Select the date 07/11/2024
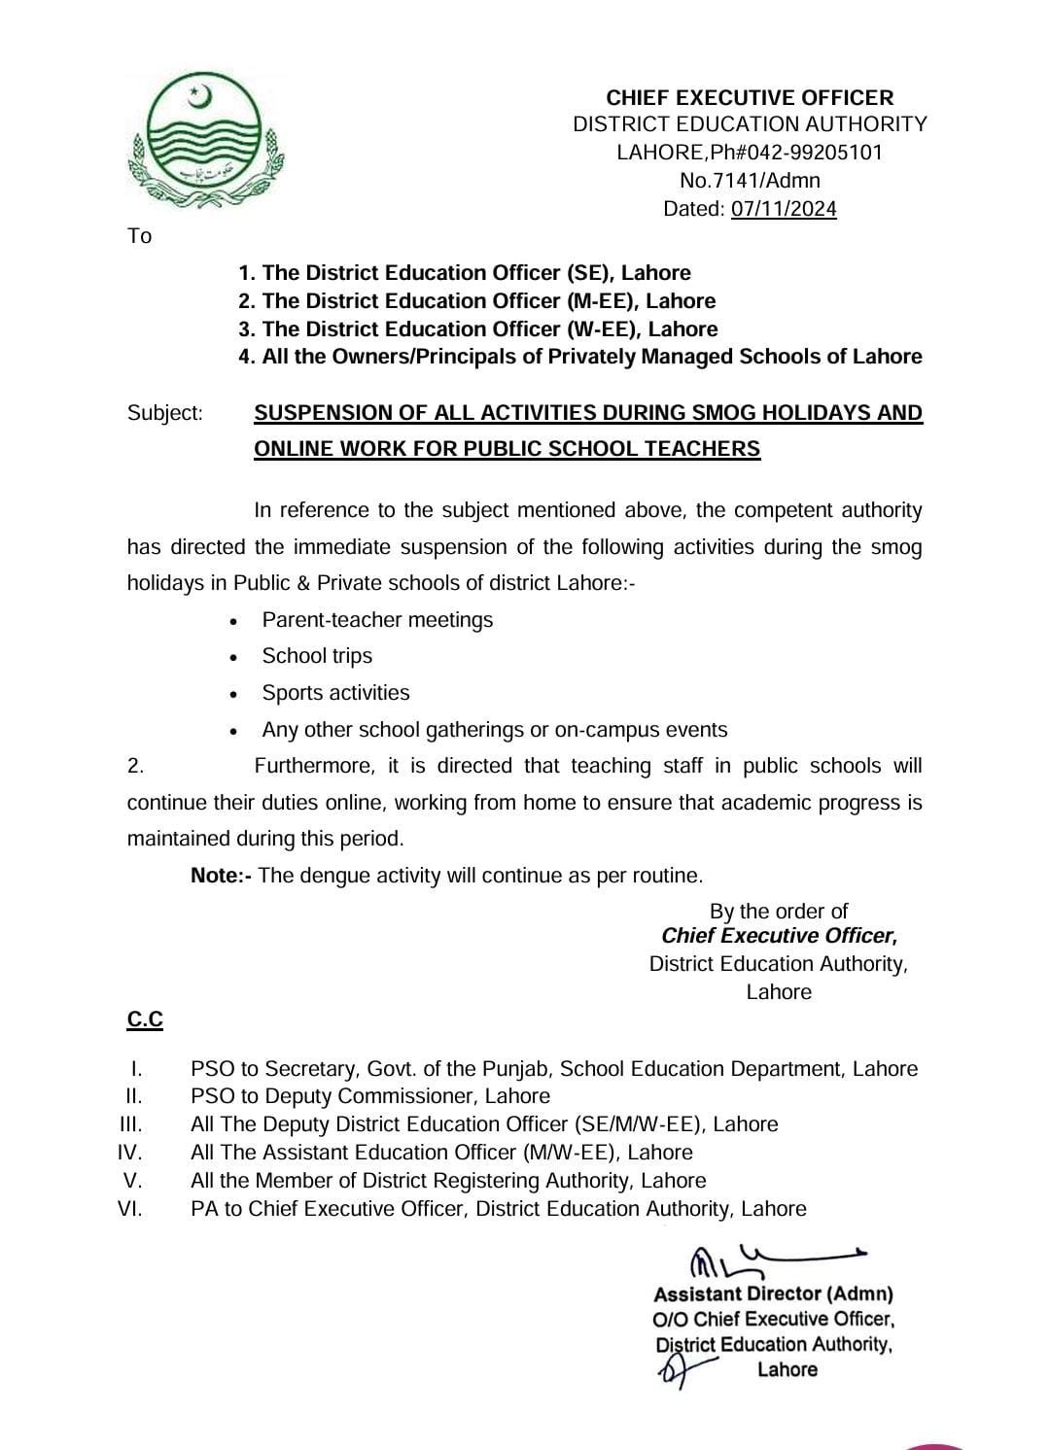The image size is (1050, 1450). tap(784, 209)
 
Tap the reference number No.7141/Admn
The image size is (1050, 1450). tap(750, 181)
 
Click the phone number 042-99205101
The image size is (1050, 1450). tap(817, 153)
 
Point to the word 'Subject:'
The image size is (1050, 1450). tap(165, 413)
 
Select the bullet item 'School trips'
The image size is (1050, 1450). tap(317, 656)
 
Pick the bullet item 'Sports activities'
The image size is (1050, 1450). tap(335, 693)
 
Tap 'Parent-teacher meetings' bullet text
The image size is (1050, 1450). tap(377, 620)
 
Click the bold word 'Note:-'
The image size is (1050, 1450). tap(222, 876)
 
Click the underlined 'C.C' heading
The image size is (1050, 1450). tap(145, 1019)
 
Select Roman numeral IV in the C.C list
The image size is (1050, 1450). tap(130, 1153)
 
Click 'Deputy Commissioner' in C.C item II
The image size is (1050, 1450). tap(377, 1096)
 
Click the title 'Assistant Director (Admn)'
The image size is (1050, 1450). tap(773, 1295)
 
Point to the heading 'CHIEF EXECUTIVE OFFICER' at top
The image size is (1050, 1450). tap(750, 97)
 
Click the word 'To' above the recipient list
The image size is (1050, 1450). tap(139, 236)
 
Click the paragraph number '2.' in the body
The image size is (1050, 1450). tap(136, 766)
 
